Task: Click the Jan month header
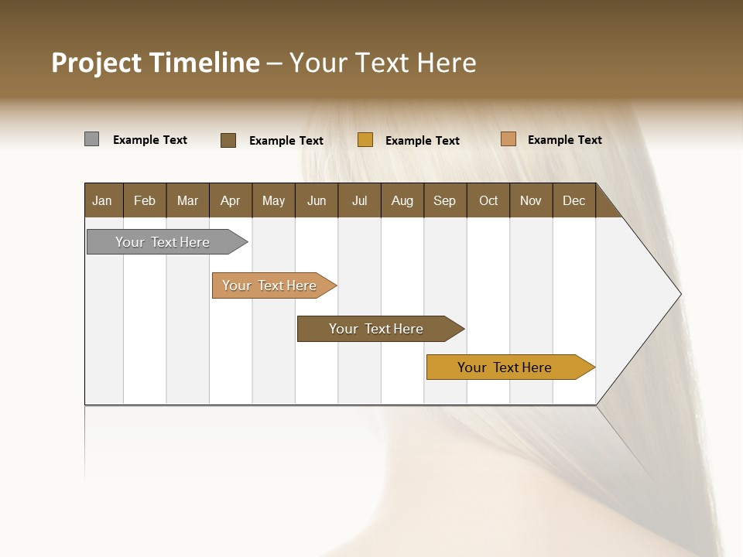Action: click(103, 200)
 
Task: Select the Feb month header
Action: click(145, 200)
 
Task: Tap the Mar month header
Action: click(187, 200)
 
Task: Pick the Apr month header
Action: click(231, 200)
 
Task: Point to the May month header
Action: click(273, 200)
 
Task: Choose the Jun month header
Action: click(317, 200)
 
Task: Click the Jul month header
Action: click(359, 200)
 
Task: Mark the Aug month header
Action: click(402, 200)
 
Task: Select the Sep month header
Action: click(445, 200)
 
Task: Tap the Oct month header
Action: click(488, 200)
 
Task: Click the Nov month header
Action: click(531, 200)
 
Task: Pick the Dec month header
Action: click(574, 200)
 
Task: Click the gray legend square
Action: click(92, 139)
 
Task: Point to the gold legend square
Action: click(365, 140)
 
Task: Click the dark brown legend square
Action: click(228, 140)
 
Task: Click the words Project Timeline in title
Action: click(156, 63)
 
